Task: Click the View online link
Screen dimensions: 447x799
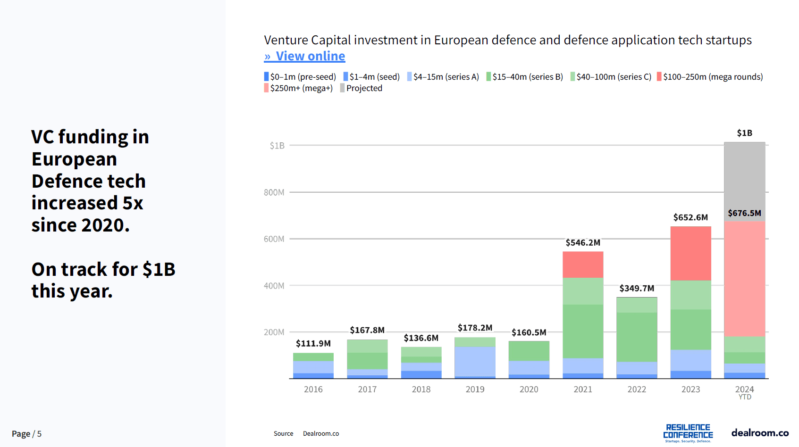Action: (x=305, y=56)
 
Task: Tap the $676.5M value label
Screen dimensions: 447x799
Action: (x=744, y=213)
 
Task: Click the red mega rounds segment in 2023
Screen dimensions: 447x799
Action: (x=690, y=253)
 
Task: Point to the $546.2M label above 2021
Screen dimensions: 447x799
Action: (x=583, y=242)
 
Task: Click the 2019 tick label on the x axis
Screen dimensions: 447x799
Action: (x=475, y=389)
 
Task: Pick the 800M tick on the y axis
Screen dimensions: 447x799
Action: (x=274, y=192)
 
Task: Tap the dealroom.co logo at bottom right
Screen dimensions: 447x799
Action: (x=759, y=433)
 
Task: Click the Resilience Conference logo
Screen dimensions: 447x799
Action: (x=688, y=433)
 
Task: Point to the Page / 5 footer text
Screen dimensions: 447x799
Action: (x=26, y=434)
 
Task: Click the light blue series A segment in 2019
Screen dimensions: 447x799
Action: (x=475, y=361)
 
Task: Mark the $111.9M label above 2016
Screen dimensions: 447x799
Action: (x=313, y=343)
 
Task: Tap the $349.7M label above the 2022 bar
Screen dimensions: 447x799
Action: (x=637, y=288)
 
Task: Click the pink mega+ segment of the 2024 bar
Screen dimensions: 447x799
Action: (x=744, y=278)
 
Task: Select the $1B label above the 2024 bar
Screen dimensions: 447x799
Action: (x=744, y=133)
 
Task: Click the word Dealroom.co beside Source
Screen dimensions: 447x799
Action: (x=321, y=434)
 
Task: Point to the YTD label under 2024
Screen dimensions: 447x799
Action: (x=745, y=397)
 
